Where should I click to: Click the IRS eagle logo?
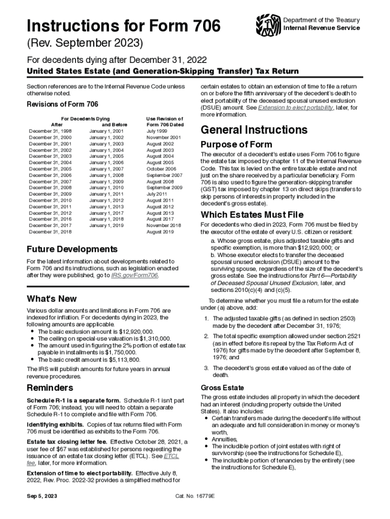tap(268, 24)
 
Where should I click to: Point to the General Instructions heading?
tap(254, 130)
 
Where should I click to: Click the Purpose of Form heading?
tap(236, 144)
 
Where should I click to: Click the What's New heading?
tap(52, 299)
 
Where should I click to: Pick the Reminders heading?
tap(49, 388)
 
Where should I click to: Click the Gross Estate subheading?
tap(222, 388)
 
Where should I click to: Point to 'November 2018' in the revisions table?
tap(163, 225)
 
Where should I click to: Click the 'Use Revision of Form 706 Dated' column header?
tap(164, 121)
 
